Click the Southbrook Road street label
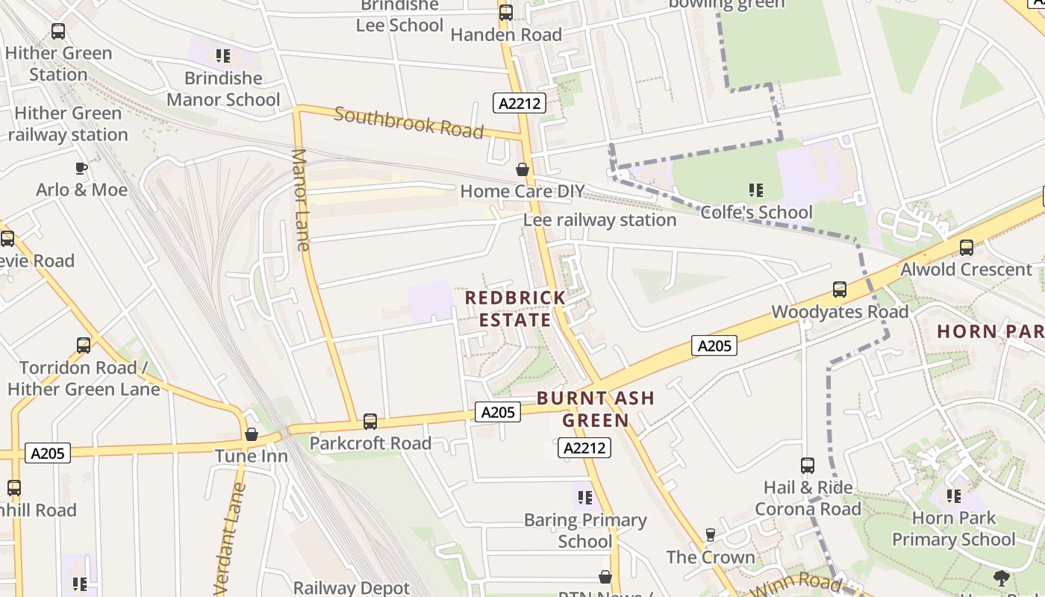[408, 122]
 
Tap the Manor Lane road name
[301, 199]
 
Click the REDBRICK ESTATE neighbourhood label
[515, 309]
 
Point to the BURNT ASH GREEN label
[596, 409]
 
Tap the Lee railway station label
[599, 220]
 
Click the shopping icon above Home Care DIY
[522, 170]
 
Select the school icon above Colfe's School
[756, 191]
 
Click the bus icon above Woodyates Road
[840, 290]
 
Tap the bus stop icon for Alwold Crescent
[967, 248]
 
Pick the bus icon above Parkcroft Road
[370, 422]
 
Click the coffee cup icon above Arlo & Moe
[81, 169]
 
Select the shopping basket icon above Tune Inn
[252, 434]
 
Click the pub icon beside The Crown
[711, 535]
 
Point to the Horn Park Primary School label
[953, 528]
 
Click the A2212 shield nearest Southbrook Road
[520, 103]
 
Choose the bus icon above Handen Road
[506, 13]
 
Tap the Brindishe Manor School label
[223, 89]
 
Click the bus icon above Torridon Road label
[84, 346]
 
